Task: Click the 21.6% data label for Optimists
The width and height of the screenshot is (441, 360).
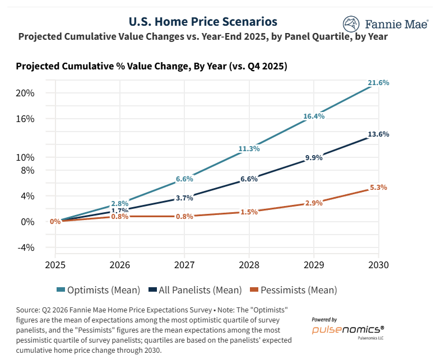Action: click(x=378, y=83)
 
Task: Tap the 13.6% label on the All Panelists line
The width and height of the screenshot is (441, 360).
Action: click(x=378, y=134)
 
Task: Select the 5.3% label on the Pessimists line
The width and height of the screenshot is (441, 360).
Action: click(x=378, y=188)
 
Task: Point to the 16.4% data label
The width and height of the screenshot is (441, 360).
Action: click(x=314, y=116)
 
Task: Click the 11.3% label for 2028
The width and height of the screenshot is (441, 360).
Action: click(x=249, y=149)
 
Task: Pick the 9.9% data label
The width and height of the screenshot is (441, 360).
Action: click(x=314, y=158)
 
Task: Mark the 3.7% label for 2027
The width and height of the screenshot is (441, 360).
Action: click(x=184, y=198)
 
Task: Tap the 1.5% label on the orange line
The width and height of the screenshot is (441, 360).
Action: click(x=249, y=212)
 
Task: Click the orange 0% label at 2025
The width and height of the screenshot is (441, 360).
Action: click(x=55, y=222)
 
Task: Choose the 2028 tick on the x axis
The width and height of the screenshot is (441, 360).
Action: click(x=249, y=265)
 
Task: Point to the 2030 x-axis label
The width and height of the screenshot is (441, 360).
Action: click(x=378, y=265)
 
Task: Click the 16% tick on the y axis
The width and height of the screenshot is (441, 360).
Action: click(x=25, y=119)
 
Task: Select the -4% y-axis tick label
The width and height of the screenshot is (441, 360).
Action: click(x=26, y=247)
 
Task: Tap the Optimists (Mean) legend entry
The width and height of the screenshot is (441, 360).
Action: click(x=98, y=290)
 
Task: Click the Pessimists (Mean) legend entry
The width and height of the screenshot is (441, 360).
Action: click(x=293, y=290)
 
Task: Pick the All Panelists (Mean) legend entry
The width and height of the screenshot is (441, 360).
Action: click(x=195, y=290)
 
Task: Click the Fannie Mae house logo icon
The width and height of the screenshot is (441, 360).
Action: click(x=351, y=24)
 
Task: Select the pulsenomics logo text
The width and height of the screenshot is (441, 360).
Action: click(x=348, y=330)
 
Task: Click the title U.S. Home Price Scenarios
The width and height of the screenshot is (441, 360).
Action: click(x=203, y=22)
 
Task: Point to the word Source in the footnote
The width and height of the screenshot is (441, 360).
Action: click(x=28, y=310)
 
